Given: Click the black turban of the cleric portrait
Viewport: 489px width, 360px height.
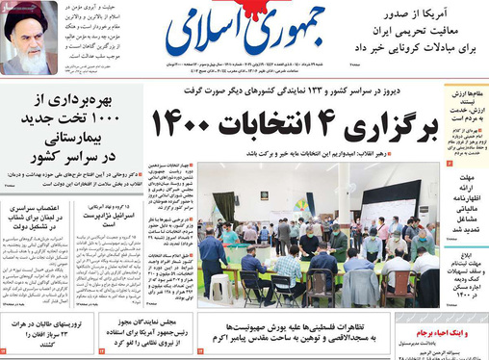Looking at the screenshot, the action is (x=28, y=19).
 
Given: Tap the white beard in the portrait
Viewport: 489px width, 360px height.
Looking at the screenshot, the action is (x=29, y=60).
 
